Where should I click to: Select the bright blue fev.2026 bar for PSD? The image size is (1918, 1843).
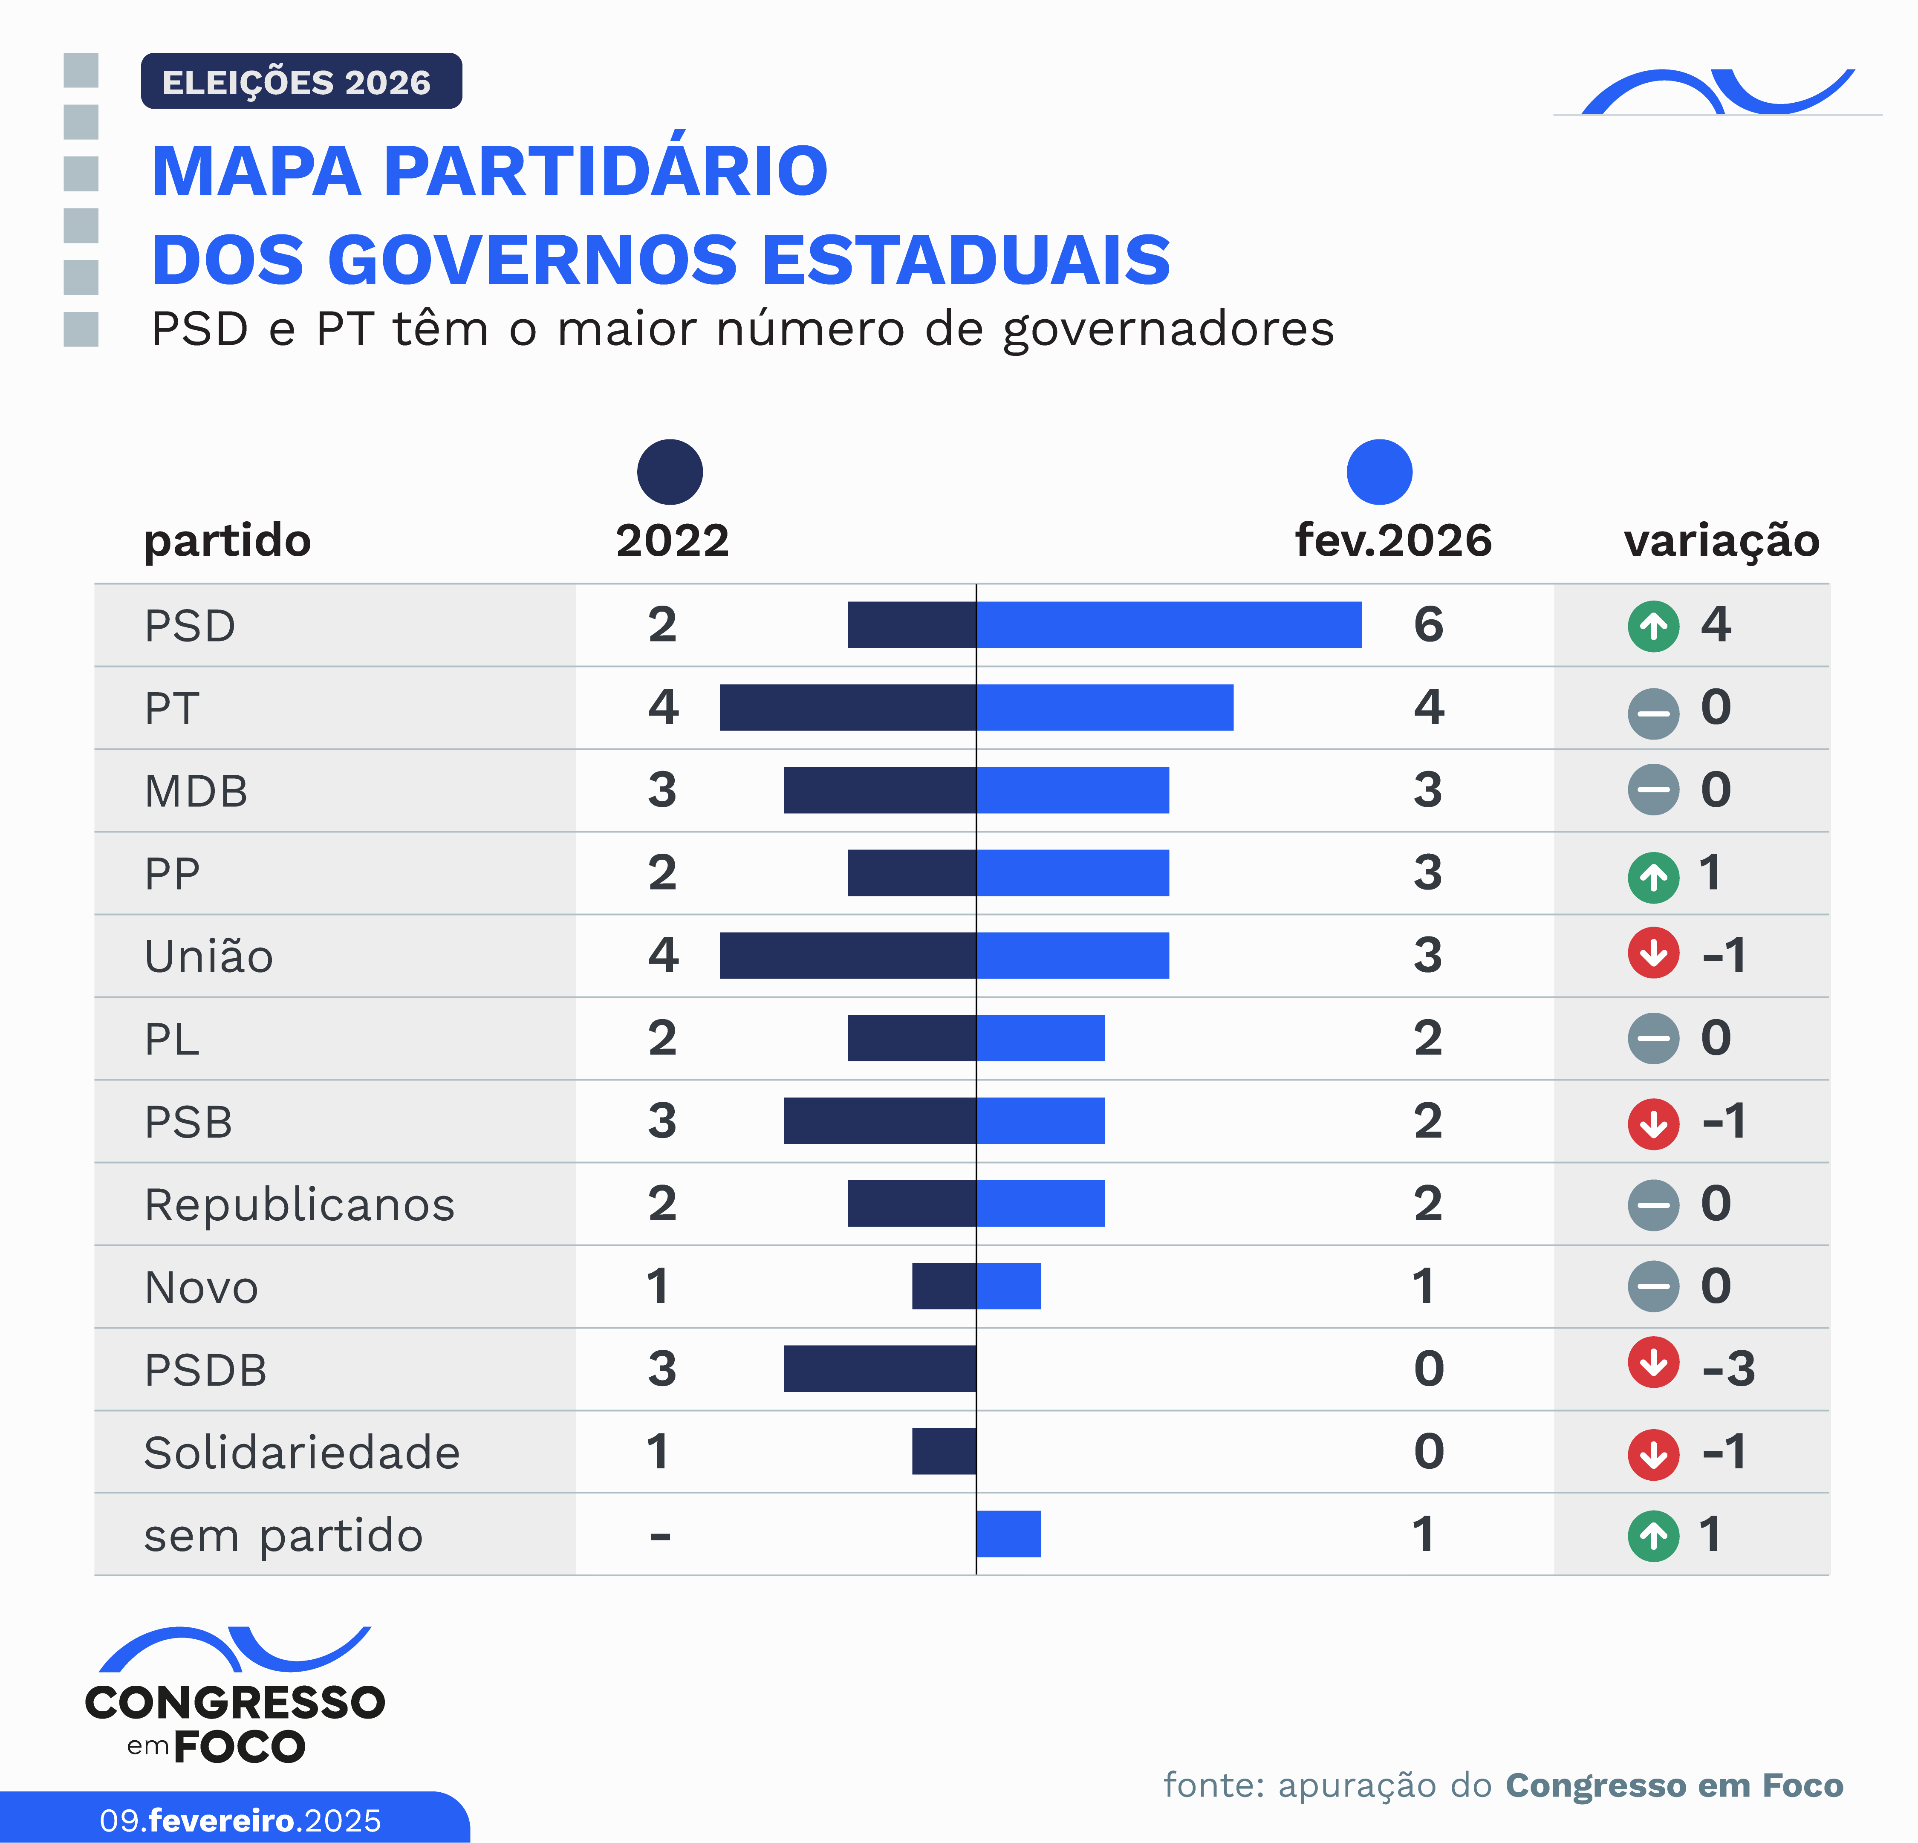coord(1168,624)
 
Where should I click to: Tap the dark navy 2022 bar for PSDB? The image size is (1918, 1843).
coord(880,1368)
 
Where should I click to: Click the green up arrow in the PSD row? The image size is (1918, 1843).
coord(1653,625)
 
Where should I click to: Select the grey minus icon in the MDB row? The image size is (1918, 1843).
coord(1653,790)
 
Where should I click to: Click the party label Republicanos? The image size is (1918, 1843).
coord(300,1204)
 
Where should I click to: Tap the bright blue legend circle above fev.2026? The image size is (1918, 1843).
coord(1379,472)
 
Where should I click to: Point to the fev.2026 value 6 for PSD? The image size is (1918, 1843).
coord(1428,624)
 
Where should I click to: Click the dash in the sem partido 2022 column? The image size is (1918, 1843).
coord(661,1536)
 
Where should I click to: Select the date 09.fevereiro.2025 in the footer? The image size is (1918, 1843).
coord(240,1820)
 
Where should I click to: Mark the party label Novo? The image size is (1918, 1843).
coord(202,1287)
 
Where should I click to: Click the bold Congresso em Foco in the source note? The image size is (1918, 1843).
coord(1673,1785)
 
